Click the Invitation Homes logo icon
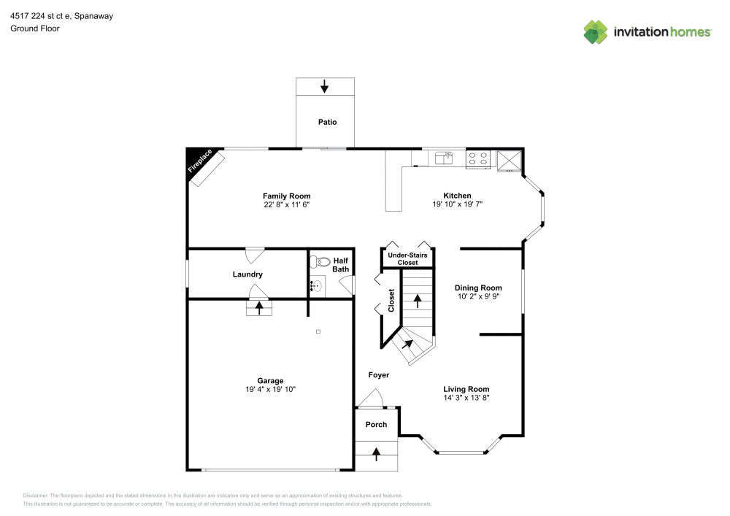point(596,31)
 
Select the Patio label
point(327,122)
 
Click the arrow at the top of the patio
point(324,86)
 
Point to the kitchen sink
point(443,156)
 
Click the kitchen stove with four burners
point(478,158)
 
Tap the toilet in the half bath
point(322,262)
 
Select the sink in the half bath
point(316,285)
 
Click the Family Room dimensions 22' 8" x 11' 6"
point(286,205)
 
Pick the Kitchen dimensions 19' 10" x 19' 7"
point(457,205)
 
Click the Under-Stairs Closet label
point(407,258)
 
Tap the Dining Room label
point(478,288)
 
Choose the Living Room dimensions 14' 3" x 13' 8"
point(466,398)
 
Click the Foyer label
point(378,375)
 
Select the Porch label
point(376,425)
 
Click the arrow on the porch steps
point(377,454)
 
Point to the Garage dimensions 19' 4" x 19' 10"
point(270,390)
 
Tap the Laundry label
point(247,274)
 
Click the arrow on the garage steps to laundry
point(259,307)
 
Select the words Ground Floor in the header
point(35,28)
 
